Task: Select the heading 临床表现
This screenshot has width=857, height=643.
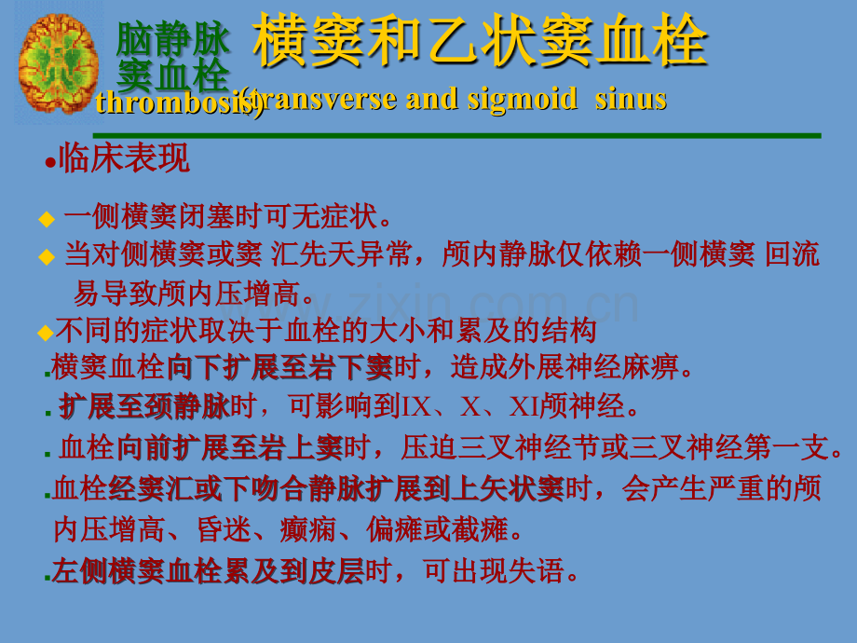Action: [x=124, y=158]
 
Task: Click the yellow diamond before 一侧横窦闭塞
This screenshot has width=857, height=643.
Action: [x=47, y=220]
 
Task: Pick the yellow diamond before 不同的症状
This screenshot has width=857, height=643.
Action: [x=45, y=332]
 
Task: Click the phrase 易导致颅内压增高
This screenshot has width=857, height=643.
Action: [x=195, y=294]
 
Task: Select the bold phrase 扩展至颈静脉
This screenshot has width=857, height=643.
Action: [x=143, y=407]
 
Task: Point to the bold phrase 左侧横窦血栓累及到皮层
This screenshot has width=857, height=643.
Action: [x=207, y=570]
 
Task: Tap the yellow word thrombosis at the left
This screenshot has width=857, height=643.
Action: [x=168, y=102]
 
